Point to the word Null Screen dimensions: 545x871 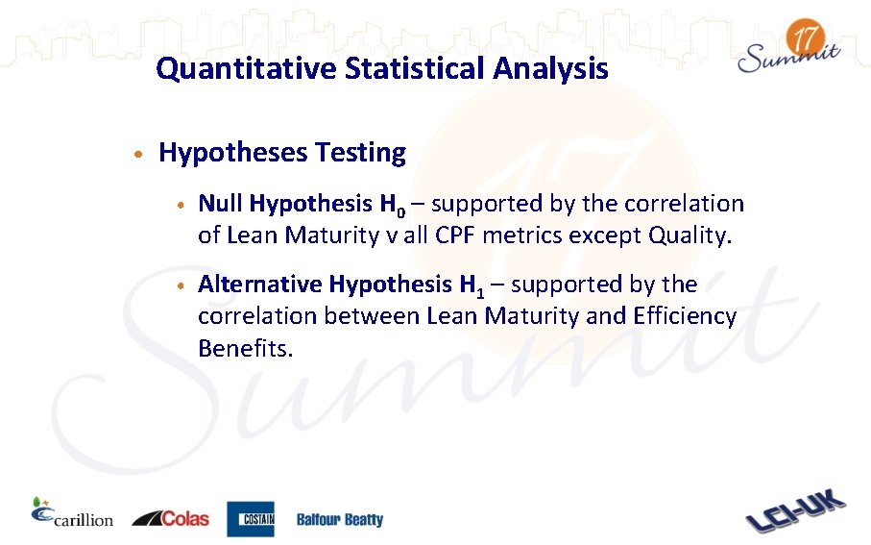coord(220,204)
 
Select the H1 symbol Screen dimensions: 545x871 coord(472,285)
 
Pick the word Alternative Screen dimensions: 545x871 coord(259,285)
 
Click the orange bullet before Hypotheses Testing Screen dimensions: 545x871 coord(140,154)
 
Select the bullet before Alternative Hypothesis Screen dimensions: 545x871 coord(181,285)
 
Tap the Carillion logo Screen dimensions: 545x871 coord(72,515)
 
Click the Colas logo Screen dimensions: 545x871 coord(170,518)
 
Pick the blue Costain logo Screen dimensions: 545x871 coord(251,519)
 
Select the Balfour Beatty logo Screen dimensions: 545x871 coord(339,520)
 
